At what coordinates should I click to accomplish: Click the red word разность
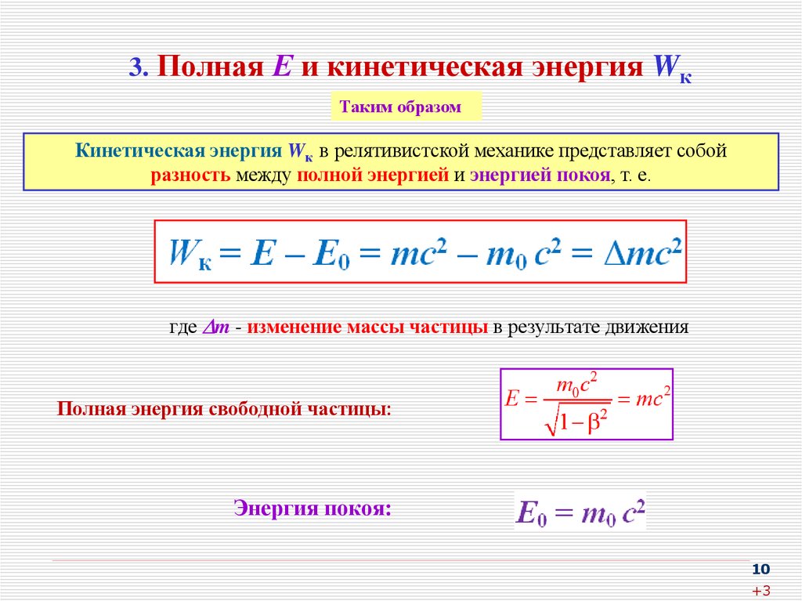click(190, 175)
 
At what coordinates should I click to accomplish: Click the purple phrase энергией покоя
click(540, 175)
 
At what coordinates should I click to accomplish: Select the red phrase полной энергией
click(371, 175)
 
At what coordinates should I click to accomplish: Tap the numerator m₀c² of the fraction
click(577, 384)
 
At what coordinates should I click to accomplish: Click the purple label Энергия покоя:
click(312, 509)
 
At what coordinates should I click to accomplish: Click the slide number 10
click(760, 568)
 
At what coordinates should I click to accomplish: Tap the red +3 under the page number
click(760, 590)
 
